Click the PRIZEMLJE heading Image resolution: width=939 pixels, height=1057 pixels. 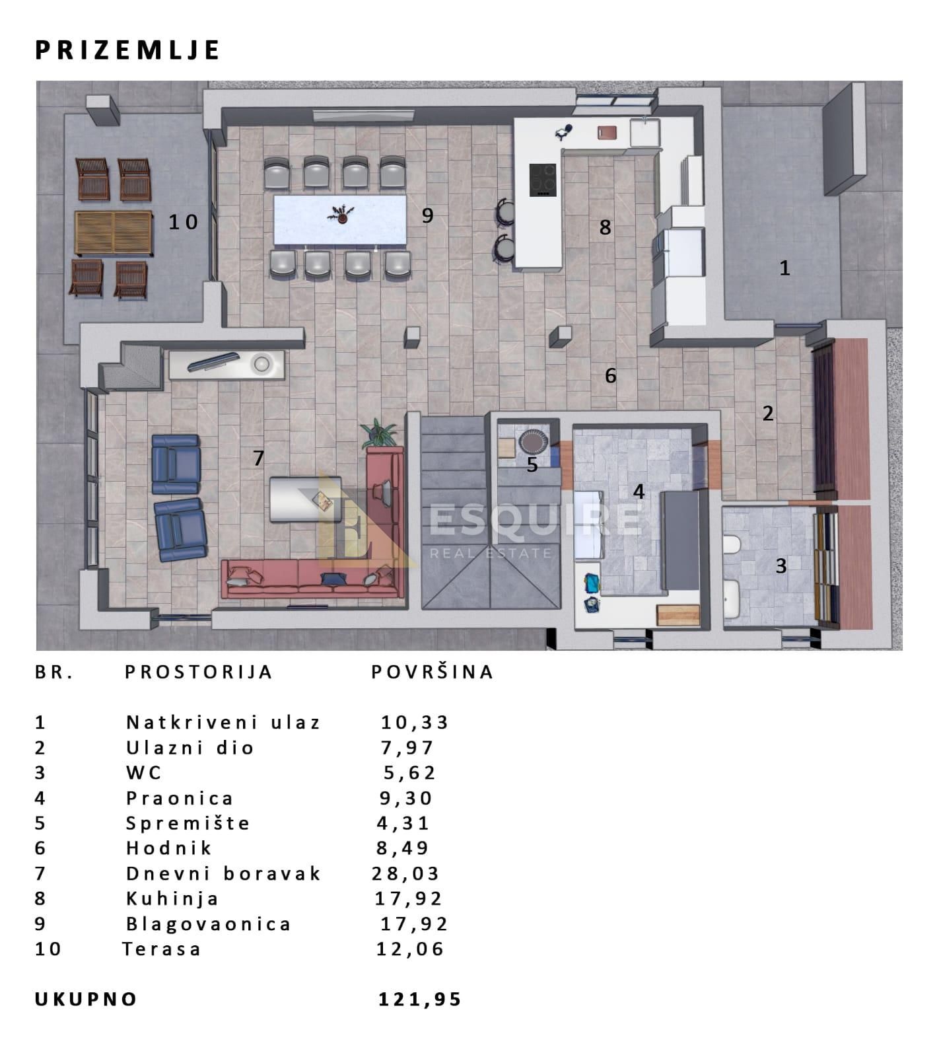127,50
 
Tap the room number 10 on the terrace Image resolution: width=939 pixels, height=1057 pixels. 183,222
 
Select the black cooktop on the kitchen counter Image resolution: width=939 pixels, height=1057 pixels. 543,180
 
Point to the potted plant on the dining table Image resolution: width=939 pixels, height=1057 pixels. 342,214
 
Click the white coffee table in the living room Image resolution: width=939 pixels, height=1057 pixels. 305,499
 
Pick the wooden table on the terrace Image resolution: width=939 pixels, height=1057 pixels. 114,233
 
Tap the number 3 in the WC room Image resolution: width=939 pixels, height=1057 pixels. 781,565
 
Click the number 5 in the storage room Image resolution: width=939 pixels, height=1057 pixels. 532,465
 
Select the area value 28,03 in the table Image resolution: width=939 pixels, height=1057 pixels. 405,873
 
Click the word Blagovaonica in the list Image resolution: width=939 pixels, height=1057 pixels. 208,924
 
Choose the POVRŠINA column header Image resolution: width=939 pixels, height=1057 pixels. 433,672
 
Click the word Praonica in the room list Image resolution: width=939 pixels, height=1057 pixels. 180,798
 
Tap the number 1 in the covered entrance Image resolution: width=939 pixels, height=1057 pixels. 784,268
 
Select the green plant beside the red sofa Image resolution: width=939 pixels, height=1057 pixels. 379,433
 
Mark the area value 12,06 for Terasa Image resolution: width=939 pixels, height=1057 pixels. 410,949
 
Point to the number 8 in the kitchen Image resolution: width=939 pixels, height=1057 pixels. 605,227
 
